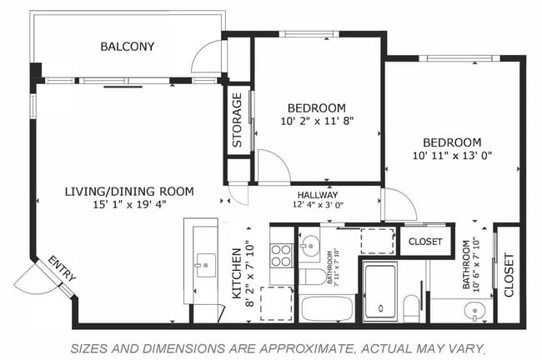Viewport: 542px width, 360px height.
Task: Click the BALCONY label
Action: tap(128, 47)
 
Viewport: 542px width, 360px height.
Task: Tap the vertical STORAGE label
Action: tap(238, 120)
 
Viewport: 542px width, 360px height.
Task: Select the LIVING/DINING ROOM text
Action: tap(129, 192)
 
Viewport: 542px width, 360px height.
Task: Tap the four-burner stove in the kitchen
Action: tap(282, 253)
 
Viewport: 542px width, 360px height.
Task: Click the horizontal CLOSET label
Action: tap(424, 242)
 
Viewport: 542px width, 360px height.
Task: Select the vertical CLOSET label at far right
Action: tap(509, 275)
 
